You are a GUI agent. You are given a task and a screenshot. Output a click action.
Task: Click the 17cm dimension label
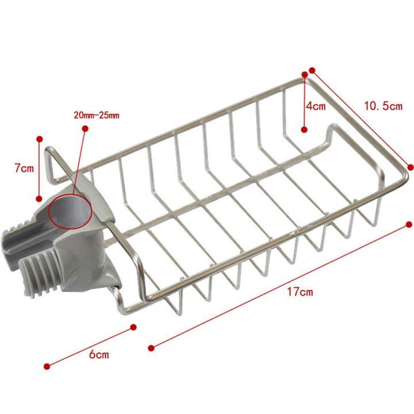[x=300, y=292]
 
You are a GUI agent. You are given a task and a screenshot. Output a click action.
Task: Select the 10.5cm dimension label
[x=383, y=106]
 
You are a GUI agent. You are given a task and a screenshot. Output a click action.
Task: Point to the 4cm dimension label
[x=316, y=106]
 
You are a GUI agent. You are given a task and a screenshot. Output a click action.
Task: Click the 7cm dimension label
[x=24, y=168]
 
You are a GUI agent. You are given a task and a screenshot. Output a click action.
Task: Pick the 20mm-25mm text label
[x=97, y=115]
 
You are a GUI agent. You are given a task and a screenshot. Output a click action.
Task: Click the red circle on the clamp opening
[x=70, y=211]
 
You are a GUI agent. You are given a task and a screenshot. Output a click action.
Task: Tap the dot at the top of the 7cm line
[x=40, y=139]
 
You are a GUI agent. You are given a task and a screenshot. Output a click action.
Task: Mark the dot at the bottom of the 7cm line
[x=40, y=197]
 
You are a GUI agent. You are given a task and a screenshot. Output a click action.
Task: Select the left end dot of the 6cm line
[x=47, y=366]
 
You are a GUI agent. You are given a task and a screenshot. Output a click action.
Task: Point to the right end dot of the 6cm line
[x=133, y=327]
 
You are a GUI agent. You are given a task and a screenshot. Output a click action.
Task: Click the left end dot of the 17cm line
[x=151, y=347]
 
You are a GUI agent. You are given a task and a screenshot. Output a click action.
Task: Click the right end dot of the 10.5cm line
[x=411, y=167]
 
